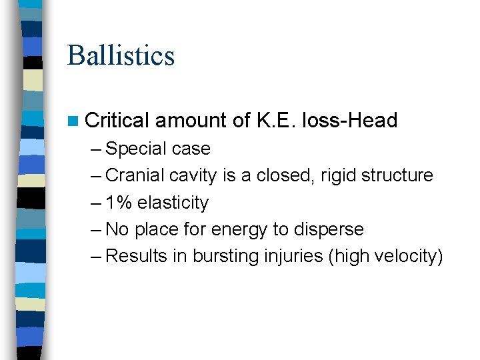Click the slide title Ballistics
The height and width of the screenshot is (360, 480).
coord(121,55)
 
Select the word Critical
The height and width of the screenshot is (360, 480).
coord(117,121)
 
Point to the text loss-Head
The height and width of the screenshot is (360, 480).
coord(349,121)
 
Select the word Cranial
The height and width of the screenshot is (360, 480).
coord(135,175)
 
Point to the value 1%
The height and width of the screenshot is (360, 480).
coord(119,203)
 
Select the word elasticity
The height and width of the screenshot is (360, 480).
coord(173,203)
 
